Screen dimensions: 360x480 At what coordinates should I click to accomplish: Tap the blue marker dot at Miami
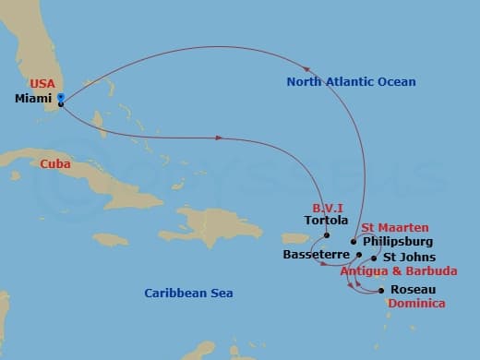pyautogui.click(x=60, y=96)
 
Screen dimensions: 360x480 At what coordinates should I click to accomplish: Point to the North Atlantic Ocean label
pyautogui.click(x=351, y=82)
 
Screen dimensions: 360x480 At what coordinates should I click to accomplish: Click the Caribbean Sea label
pyautogui.click(x=188, y=293)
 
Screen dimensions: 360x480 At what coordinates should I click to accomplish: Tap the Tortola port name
pyautogui.click(x=326, y=222)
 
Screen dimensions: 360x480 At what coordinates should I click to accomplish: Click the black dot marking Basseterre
pyautogui.click(x=359, y=251)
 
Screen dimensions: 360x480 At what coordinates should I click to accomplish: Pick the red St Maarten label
pyautogui.click(x=393, y=227)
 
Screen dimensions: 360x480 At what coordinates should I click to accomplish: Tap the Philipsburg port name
pyautogui.click(x=398, y=241)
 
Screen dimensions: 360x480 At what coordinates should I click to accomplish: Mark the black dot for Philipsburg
pyautogui.click(x=354, y=242)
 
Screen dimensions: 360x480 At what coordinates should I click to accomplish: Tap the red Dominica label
pyautogui.click(x=417, y=303)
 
